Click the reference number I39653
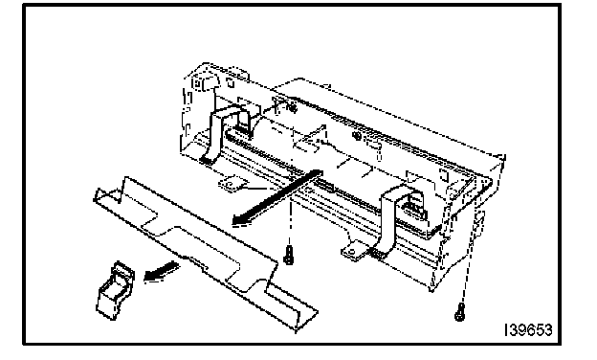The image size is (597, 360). [528, 330]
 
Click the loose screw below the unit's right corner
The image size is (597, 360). [460, 312]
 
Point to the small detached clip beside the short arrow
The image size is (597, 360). [115, 290]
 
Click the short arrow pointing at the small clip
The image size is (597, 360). [161, 272]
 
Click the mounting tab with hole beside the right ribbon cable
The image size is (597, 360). [354, 252]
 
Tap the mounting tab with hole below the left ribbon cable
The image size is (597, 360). [232, 184]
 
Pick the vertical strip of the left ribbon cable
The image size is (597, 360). [216, 133]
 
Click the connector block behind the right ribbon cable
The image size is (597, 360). [412, 208]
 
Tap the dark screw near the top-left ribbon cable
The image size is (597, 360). [293, 108]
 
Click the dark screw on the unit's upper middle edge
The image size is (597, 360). [357, 135]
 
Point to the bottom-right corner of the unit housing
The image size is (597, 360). [431, 290]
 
